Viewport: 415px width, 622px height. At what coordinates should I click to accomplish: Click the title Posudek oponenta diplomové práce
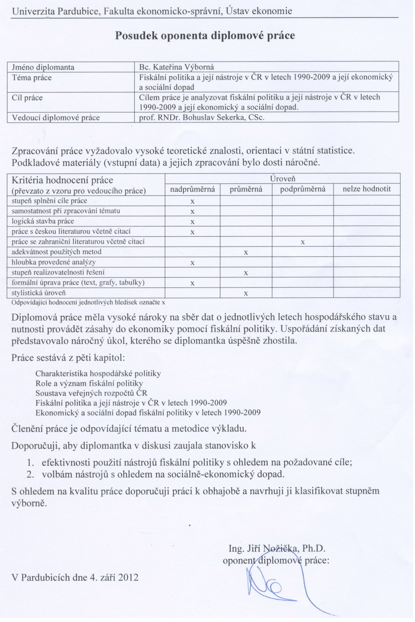pos(205,36)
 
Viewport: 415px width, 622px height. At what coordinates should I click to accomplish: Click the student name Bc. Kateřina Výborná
pos(176,67)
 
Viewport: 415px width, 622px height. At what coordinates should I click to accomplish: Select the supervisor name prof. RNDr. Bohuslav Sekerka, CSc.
pos(202,118)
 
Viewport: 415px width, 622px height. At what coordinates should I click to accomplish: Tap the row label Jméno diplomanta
pos(43,67)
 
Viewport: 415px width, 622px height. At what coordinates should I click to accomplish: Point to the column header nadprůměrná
pos(192,189)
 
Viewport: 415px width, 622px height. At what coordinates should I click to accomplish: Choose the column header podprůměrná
pos(303,189)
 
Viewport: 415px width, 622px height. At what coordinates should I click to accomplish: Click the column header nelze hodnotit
pos(367,189)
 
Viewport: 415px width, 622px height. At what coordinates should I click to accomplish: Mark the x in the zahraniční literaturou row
pos(303,242)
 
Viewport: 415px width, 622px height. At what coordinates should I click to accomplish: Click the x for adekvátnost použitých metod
pos(246,253)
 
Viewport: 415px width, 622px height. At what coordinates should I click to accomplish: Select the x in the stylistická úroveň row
pos(246,294)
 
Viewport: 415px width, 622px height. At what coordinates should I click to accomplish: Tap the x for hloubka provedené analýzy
pos(192,263)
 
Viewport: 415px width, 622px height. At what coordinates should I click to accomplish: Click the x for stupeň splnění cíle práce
pos(192,202)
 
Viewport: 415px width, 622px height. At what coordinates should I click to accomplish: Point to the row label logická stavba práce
pos(43,221)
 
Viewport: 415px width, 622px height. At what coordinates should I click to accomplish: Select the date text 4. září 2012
pos(114,578)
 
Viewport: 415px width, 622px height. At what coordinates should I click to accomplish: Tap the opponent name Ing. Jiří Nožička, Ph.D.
pos(277,548)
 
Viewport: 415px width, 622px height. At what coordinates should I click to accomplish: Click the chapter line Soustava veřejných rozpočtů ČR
pos(91,393)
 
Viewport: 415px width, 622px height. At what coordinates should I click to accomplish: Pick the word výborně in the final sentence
pos(29,503)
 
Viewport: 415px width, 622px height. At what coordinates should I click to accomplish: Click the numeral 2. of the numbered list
pos(30,474)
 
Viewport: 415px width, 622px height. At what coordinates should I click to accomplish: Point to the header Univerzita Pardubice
pos(56,11)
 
